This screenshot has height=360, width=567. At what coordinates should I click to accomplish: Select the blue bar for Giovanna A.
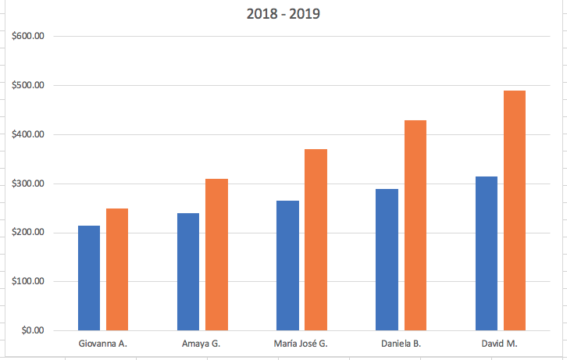pyautogui.click(x=89, y=278)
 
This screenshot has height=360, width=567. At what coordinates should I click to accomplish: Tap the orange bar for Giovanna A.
pyautogui.click(x=117, y=269)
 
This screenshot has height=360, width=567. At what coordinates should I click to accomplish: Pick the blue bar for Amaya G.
pyautogui.click(x=188, y=272)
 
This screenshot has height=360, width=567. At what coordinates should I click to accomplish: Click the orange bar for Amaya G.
pyautogui.click(x=216, y=255)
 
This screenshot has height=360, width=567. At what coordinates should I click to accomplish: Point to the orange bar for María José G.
pyautogui.click(x=316, y=240)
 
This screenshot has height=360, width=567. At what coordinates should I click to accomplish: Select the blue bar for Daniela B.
pyautogui.click(x=387, y=259)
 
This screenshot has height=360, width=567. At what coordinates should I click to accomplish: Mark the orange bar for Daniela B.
pyautogui.click(x=415, y=225)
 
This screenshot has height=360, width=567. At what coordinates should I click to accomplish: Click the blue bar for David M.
pyautogui.click(x=486, y=253)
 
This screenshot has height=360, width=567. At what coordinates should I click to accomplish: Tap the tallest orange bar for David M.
pyautogui.click(x=514, y=211)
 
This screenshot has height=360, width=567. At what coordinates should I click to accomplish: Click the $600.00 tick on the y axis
pyautogui.click(x=28, y=36)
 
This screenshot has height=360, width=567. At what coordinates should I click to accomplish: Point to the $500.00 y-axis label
pyautogui.click(x=28, y=85)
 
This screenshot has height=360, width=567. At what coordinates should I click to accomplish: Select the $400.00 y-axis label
pyautogui.click(x=28, y=134)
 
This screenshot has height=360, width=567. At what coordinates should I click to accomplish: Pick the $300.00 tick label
pyautogui.click(x=28, y=184)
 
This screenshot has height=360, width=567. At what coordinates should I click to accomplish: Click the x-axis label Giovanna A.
pyautogui.click(x=103, y=344)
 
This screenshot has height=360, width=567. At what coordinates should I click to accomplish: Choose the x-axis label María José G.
pyautogui.click(x=301, y=344)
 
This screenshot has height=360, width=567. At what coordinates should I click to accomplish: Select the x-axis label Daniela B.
pyautogui.click(x=401, y=344)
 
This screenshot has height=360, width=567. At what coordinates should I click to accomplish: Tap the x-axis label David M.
pyautogui.click(x=500, y=344)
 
